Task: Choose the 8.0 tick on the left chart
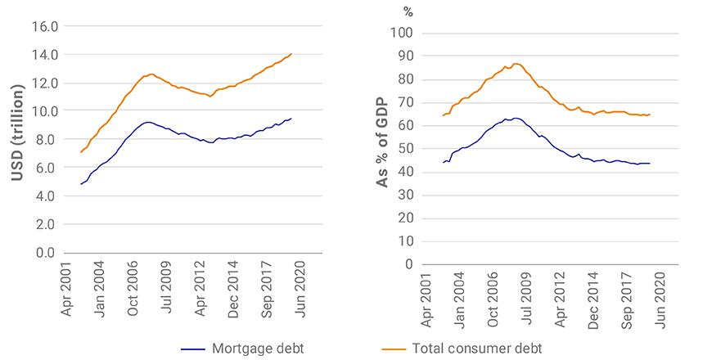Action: (x=47, y=140)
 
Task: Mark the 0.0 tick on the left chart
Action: (x=47, y=253)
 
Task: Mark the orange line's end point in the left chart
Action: (x=291, y=54)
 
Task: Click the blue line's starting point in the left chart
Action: (x=81, y=184)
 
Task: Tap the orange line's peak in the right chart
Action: (x=516, y=63)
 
